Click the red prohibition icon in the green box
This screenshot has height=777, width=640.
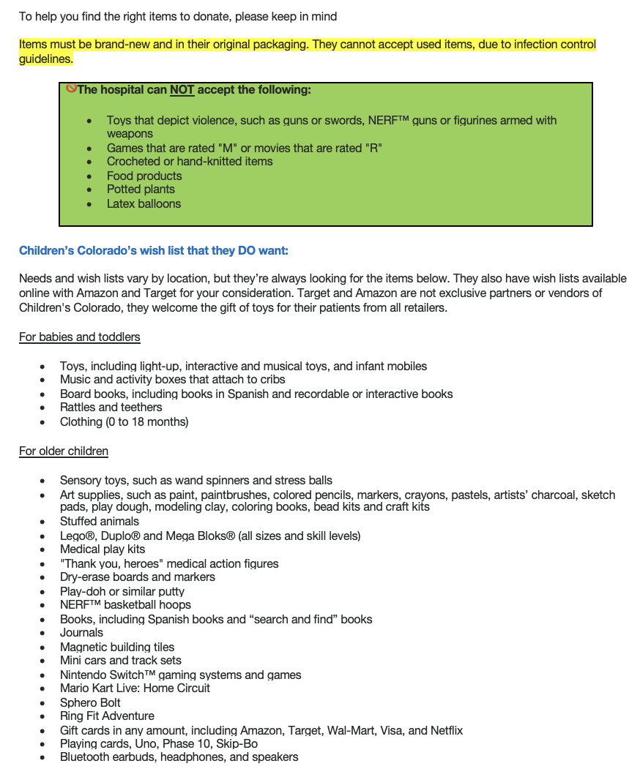click(x=71, y=88)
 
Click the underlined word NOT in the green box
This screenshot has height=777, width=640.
click(x=182, y=90)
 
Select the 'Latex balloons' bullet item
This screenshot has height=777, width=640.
click(x=144, y=203)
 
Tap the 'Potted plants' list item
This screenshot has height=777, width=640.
click(x=141, y=189)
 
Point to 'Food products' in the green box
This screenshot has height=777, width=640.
click(x=144, y=176)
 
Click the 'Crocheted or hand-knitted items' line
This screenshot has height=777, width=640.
click(x=190, y=161)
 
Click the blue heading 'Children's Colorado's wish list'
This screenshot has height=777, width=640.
click(x=154, y=251)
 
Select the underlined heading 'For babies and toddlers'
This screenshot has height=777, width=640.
click(x=80, y=337)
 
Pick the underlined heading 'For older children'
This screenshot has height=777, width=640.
click(x=64, y=451)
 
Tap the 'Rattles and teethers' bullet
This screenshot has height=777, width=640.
click(x=111, y=407)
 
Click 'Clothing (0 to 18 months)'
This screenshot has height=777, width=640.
click(x=124, y=421)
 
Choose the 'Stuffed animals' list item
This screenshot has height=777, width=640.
click(x=100, y=521)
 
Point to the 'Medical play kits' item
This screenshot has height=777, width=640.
click(x=103, y=549)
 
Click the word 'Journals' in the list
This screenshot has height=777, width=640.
click(x=82, y=632)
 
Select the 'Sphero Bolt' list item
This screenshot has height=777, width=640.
click(x=90, y=702)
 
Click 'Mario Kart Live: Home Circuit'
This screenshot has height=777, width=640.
click(x=135, y=688)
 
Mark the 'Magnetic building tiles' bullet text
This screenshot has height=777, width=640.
click(x=117, y=647)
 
